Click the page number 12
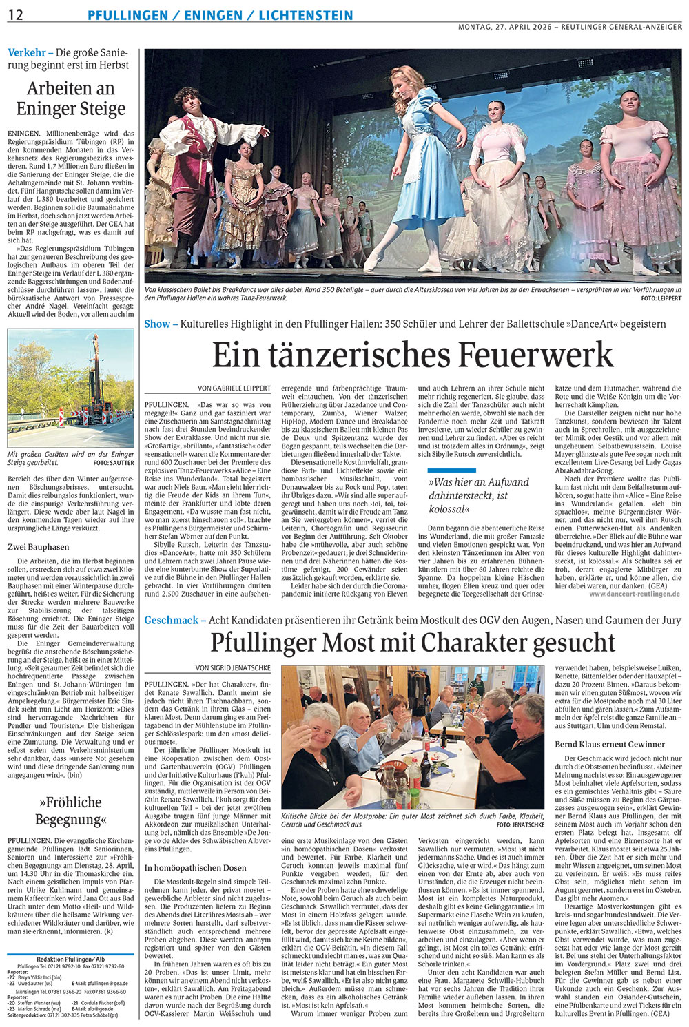click(15, 15)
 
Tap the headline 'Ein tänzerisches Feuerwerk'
click(412, 355)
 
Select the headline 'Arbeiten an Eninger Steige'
click(71, 98)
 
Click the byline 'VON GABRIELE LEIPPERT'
click(234, 388)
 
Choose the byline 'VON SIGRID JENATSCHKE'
click(233, 668)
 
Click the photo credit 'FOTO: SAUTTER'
click(114, 464)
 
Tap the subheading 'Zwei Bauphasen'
click(39, 548)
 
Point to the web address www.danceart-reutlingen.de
click(635, 593)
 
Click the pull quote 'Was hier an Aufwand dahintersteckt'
click(469, 496)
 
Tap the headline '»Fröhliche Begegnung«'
click(72, 811)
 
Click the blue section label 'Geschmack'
click(171, 621)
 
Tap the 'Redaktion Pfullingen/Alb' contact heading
click(70, 959)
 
